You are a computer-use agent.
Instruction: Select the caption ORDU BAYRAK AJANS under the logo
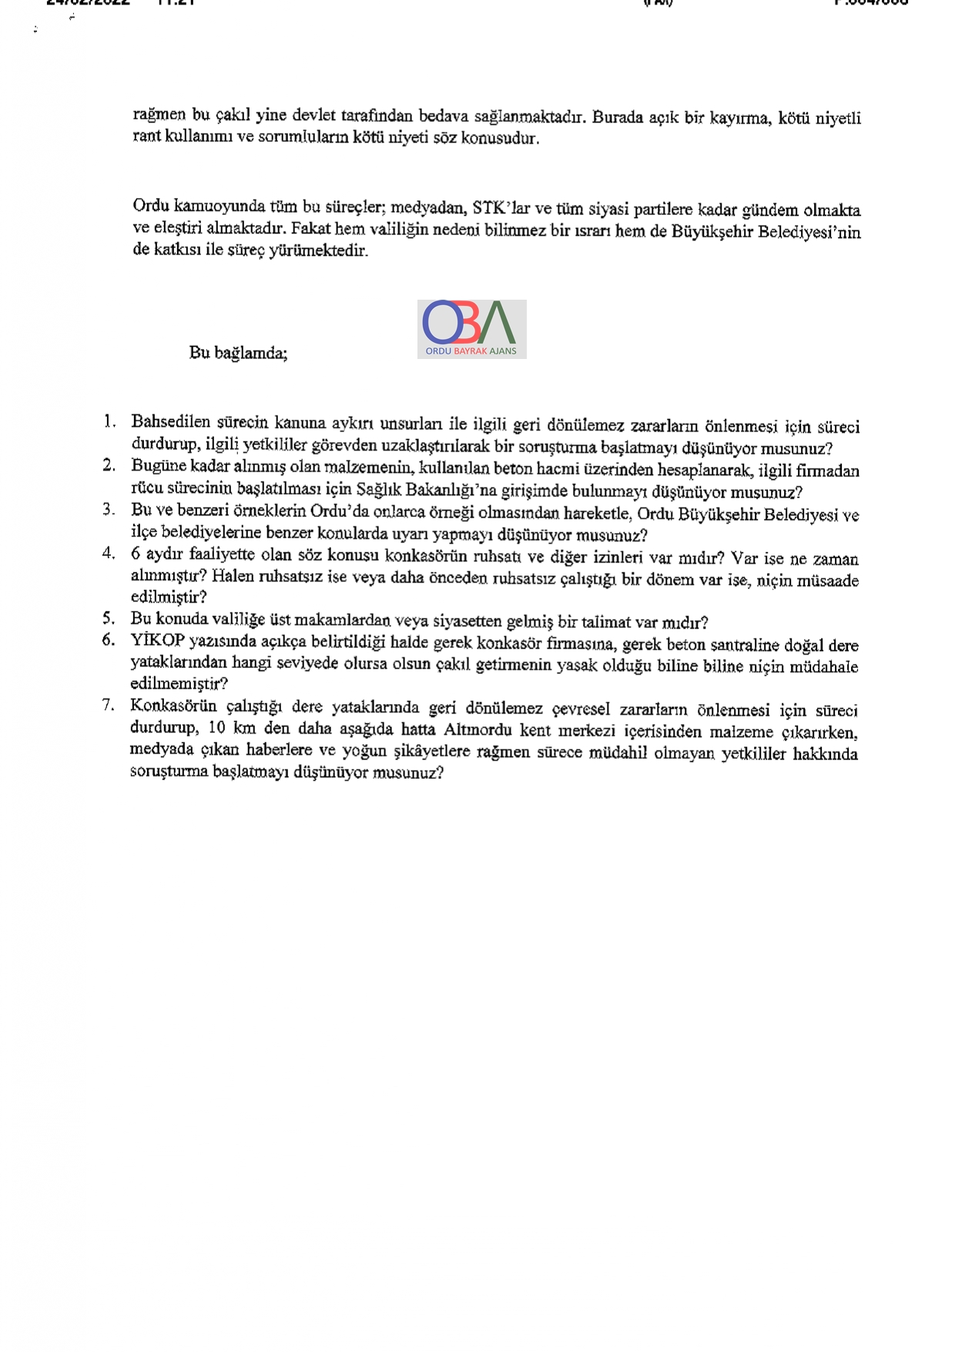[x=471, y=351]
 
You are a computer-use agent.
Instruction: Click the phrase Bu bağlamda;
[x=238, y=353]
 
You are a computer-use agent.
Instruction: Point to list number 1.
[x=109, y=421]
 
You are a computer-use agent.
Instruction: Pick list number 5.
[x=109, y=619]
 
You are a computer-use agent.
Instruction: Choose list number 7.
[x=109, y=705]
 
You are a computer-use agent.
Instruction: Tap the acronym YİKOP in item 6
[x=158, y=640]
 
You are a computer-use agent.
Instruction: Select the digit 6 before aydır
[x=136, y=554]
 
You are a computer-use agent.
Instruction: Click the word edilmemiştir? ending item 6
[x=179, y=684]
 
